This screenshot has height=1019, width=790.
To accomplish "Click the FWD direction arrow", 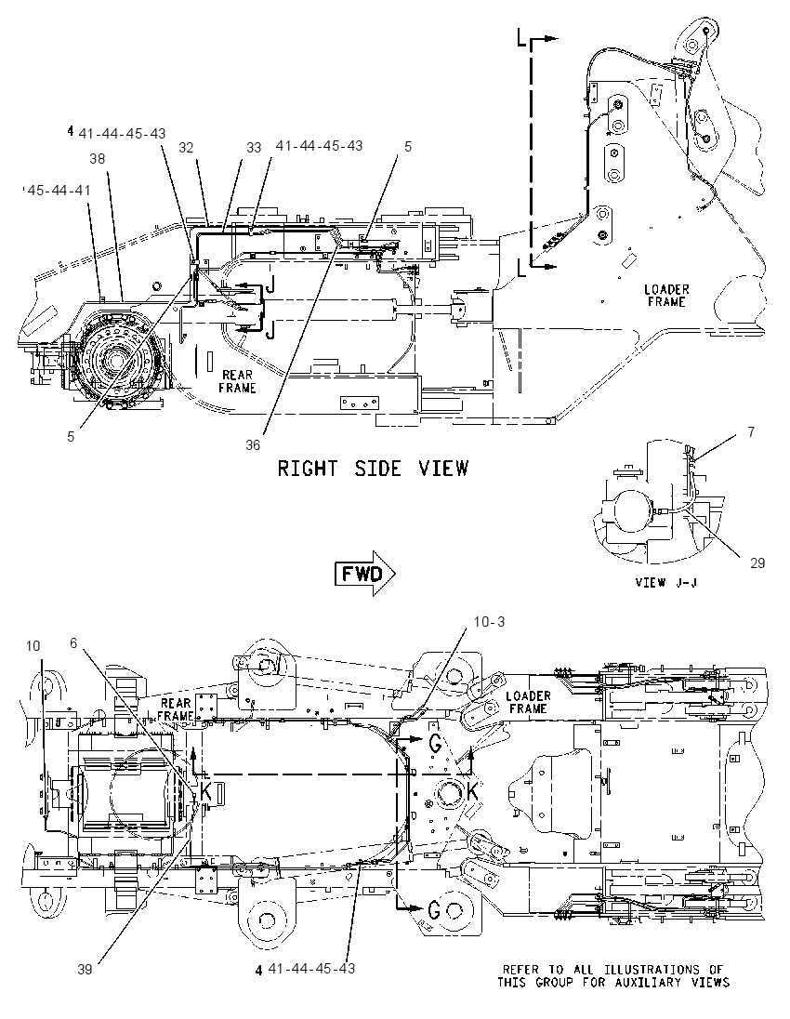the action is (366, 573).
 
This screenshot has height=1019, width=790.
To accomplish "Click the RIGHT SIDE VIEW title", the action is (373, 468).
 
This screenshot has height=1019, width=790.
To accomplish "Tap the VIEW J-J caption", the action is (665, 582).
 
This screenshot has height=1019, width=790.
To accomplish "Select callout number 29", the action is (757, 562).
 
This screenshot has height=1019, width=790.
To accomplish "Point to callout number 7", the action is (751, 431).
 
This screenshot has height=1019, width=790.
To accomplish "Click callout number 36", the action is (253, 444).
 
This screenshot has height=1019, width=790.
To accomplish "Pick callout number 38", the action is (97, 159).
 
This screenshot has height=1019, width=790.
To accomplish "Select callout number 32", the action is (187, 148).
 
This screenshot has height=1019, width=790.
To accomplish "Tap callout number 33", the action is (254, 148).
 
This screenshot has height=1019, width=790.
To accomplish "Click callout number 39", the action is (86, 970).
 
